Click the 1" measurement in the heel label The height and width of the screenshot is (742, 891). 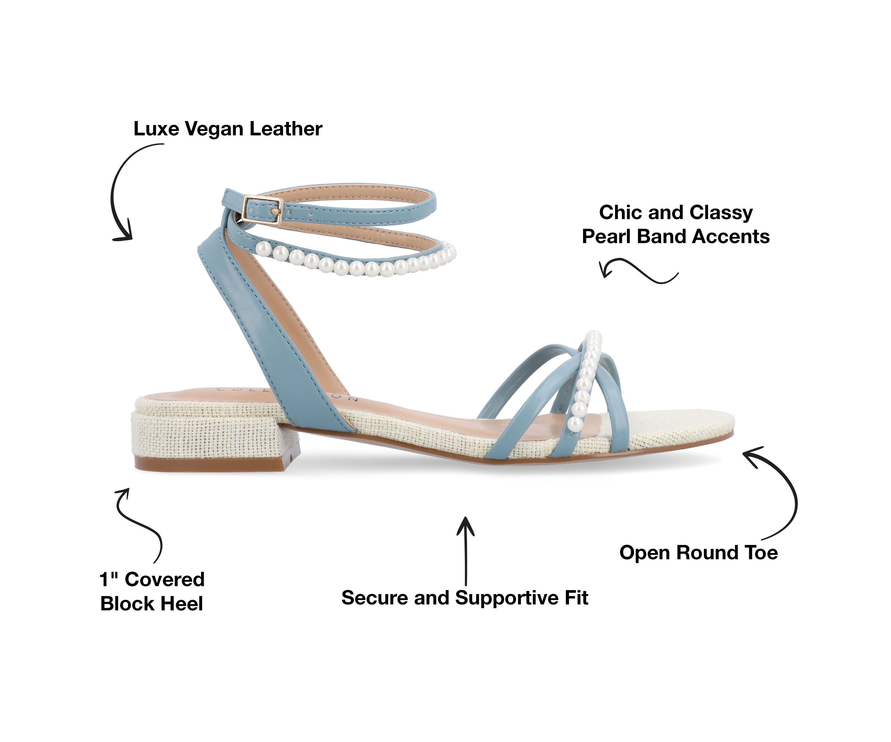[x=109, y=580]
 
